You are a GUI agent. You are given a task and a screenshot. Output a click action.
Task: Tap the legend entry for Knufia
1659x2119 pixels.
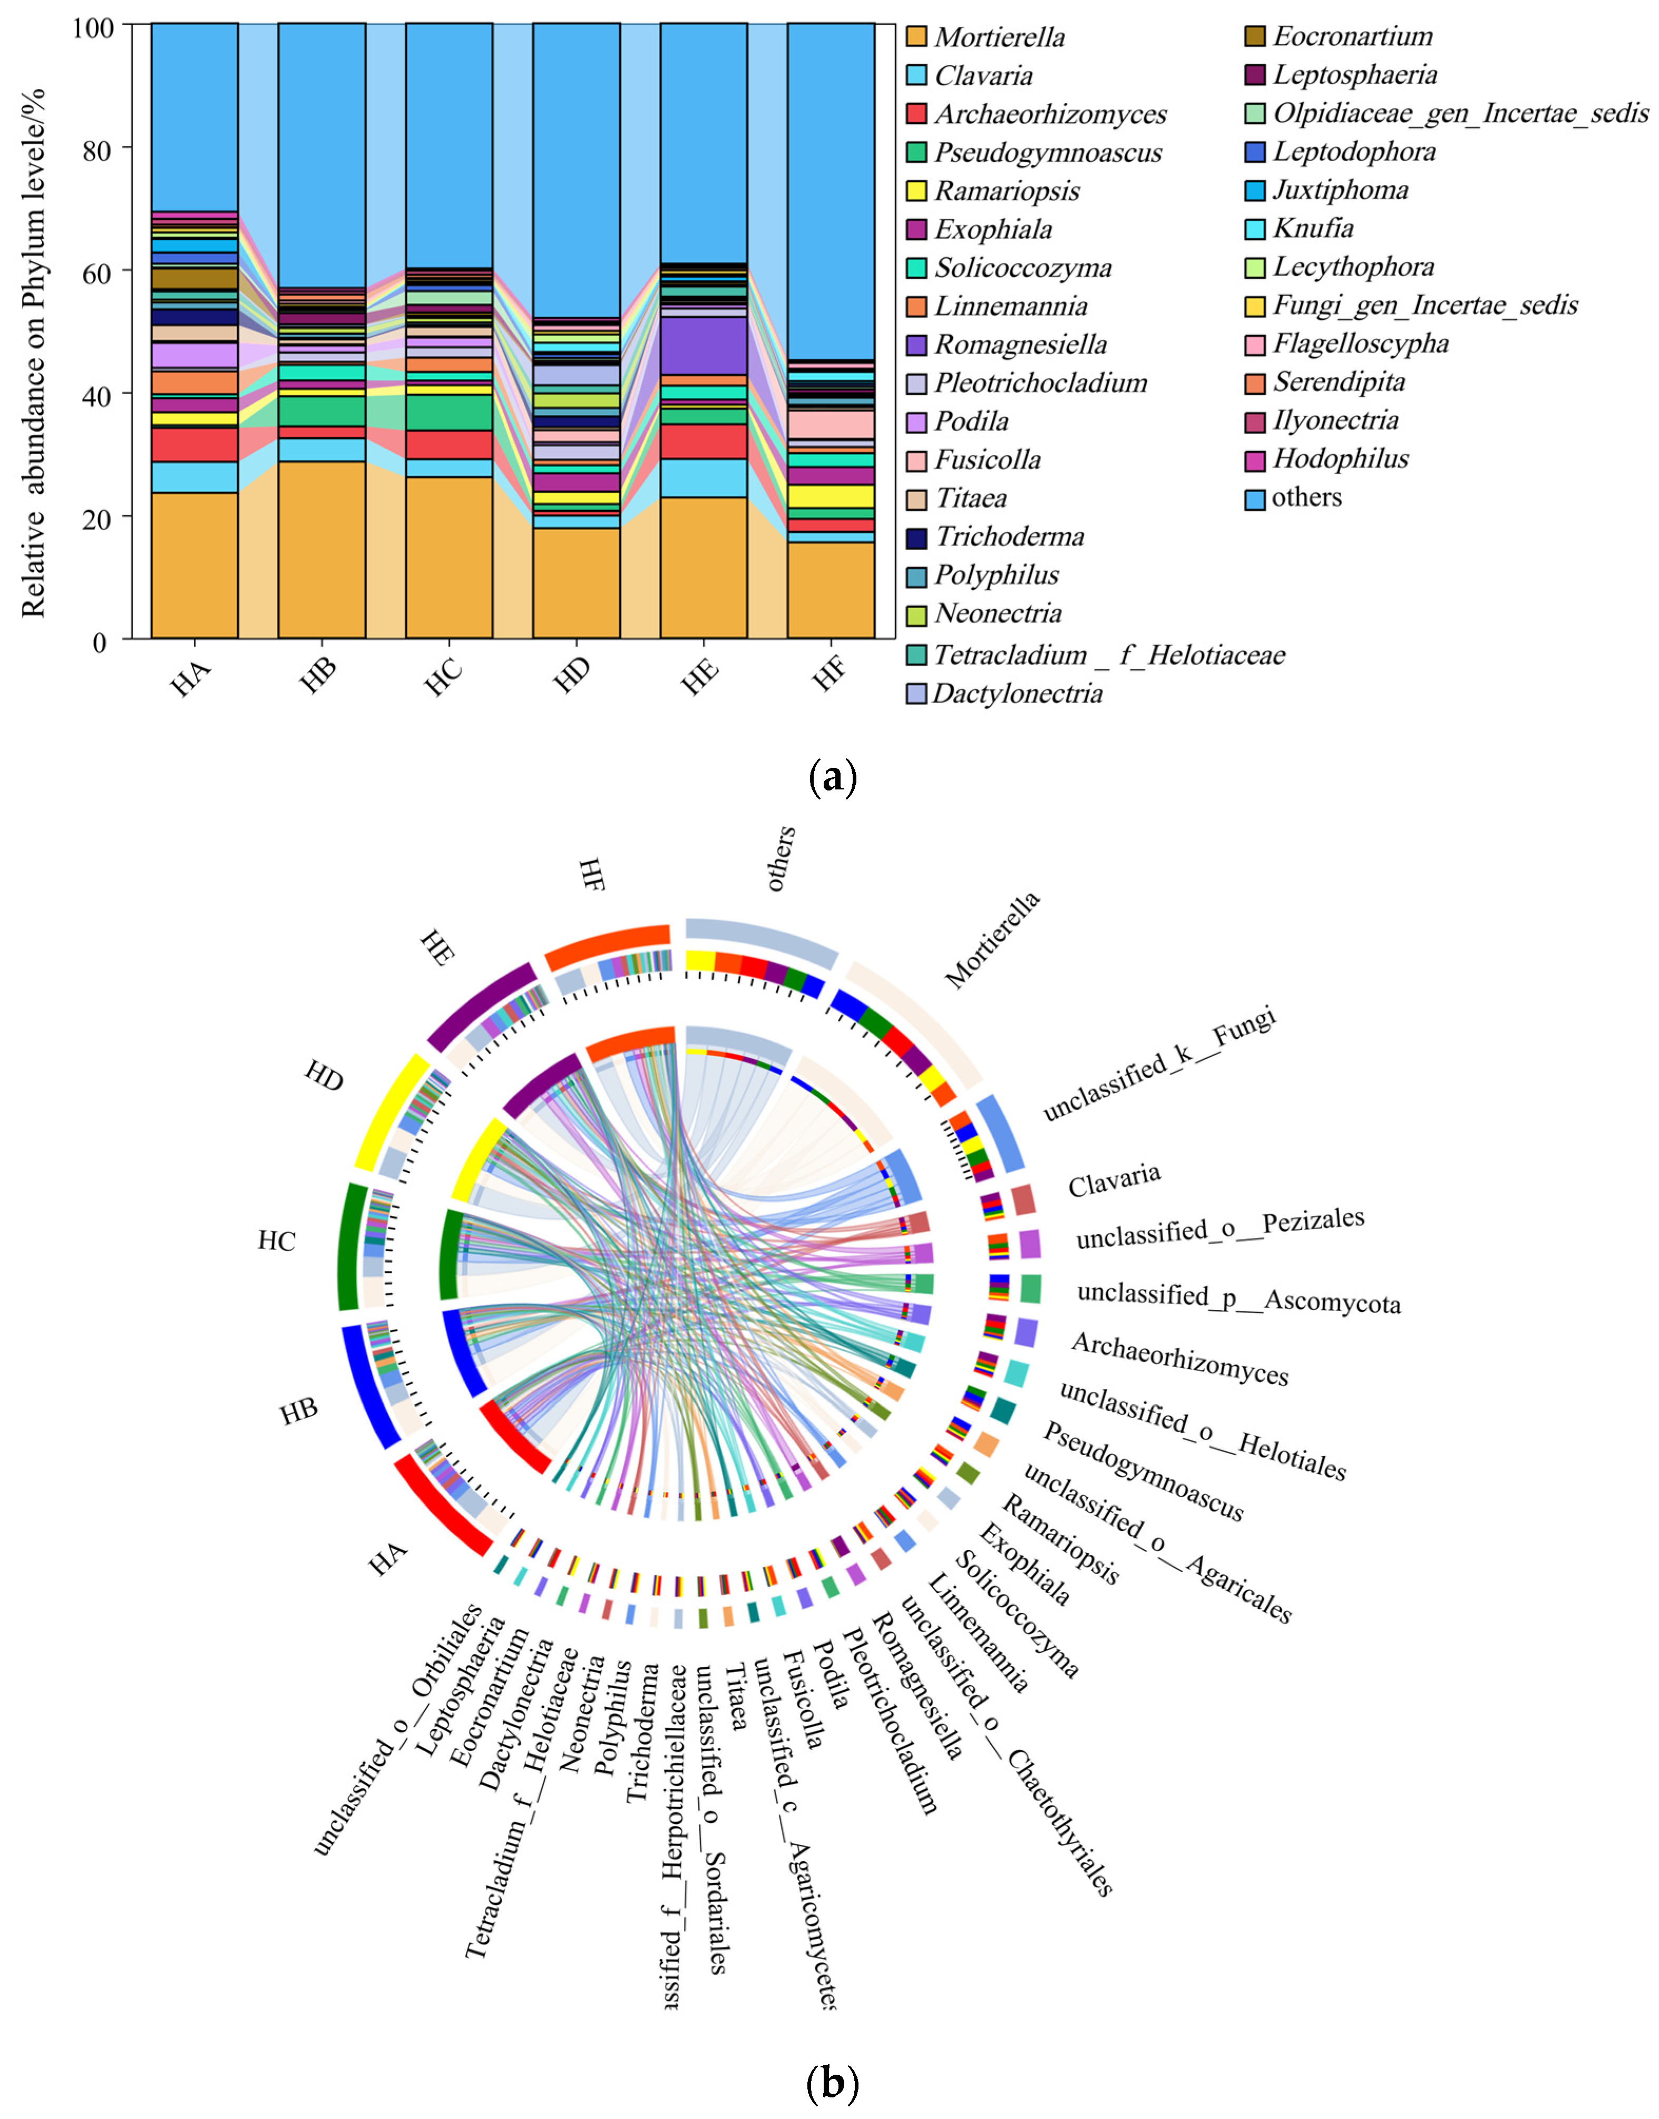(x=1313, y=228)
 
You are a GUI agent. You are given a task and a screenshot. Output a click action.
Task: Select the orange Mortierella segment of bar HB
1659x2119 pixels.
(x=321, y=549)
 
